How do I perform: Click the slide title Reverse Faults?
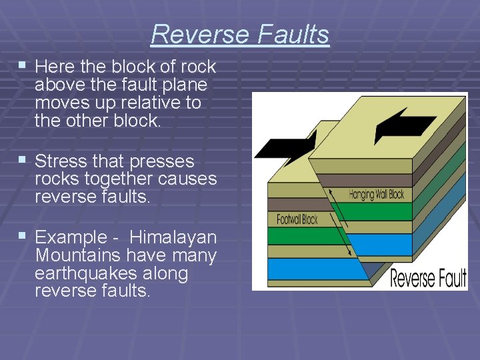point(240,34)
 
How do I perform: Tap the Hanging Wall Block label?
point(376,195)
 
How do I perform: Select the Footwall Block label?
point(297,219)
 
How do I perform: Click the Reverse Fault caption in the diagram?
point(428,277)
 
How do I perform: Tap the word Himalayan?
point(173,237)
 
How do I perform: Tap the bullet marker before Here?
point(23,65)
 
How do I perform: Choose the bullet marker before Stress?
point(23,160)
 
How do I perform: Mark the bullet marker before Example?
point(23,236)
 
